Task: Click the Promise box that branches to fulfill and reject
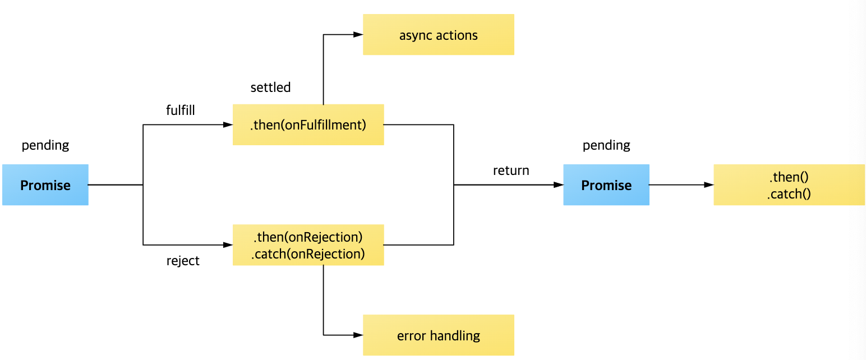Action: (x=45, y=185)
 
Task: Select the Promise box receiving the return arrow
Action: (x=606, y=185)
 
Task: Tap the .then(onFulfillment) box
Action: (x=308, y=124)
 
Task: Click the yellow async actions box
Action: (x=438, y=35)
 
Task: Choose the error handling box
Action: (x=438, y=335)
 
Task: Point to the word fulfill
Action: (x=181, y=110)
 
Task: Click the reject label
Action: (x=183, y=261)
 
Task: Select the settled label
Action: (x=270, y=87)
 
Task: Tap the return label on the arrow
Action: (x=511, y=170)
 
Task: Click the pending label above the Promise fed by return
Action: (x=606, y=145)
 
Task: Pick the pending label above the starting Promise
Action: (x=45, y=145)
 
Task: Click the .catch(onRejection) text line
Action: (x=308, y=254)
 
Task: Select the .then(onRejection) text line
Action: (x=308, y=236)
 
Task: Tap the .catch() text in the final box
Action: (x=789, y=194)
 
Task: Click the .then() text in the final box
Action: (x=789, y=178)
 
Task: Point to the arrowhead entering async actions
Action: (x=358, y=35)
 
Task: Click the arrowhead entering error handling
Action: (x=358, y=335)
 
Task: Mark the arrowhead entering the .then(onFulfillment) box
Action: (x=228, y=124)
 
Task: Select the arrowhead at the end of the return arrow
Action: (x=559, y=184)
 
